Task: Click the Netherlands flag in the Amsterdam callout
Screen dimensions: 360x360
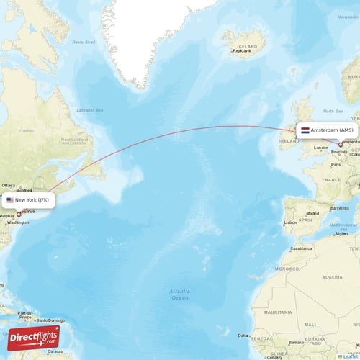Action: click(x=305, y=130)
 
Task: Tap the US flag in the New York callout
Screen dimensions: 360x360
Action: click(x=10, y=199)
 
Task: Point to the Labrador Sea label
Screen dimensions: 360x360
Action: click(x=90, y=109)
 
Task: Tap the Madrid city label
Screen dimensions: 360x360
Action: click(x=312, y=214)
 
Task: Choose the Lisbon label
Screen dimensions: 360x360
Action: click(x=290, y=222)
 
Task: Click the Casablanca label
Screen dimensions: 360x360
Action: click(x=301, y=248)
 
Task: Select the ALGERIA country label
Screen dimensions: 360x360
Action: click(x=332, y=276)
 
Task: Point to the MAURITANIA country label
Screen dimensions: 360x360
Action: click(x=282, y=312)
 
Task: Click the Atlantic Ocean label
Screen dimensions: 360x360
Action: click(x=179, y=294)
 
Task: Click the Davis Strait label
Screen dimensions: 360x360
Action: click(x=84, y=42)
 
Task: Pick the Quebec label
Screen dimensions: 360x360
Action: click(x=27, y=130)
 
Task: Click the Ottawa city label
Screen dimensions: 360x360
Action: click(x=8, y=185)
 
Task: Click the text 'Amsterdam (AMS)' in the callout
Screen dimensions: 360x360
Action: click(x=333, y=130)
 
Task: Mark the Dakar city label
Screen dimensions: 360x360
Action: click(x=245, y=336)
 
